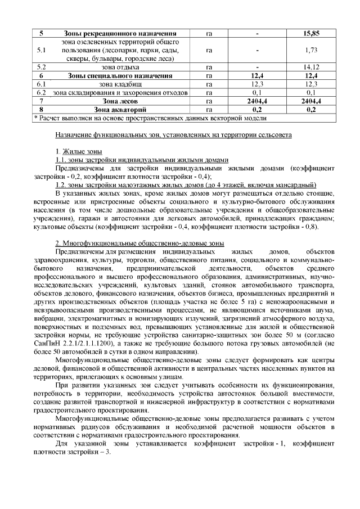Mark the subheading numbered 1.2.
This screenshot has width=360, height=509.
click(186, 184)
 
